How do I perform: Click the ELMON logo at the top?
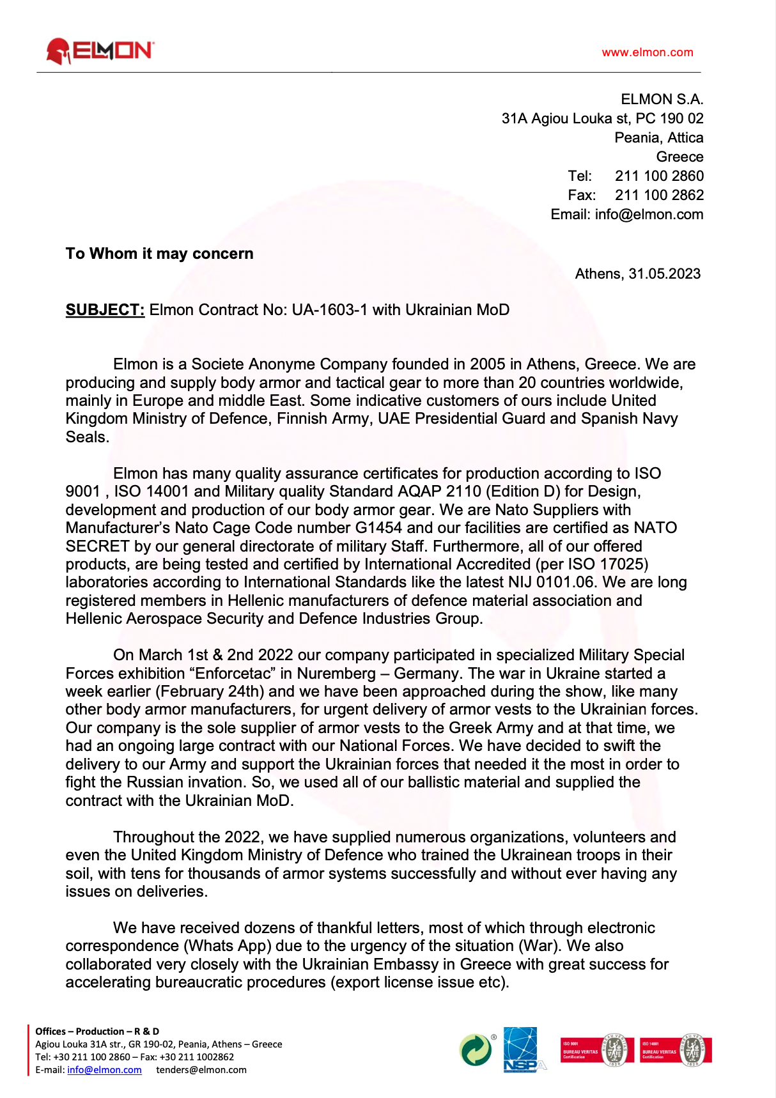point(100,51)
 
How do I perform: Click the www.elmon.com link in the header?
point(647,52)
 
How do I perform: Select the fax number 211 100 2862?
point(659,195)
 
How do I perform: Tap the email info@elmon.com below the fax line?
point(648,214)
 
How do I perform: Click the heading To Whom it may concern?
point(159,254)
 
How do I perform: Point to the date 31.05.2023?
point(664,274)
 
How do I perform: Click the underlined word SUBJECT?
point(105,310)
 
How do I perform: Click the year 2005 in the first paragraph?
point(487,364)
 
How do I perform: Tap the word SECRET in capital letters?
point(97,546)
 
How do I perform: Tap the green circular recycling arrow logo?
point(476,1050)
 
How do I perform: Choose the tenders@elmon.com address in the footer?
point(201,1070)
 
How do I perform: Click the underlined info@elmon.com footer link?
point(104,1070)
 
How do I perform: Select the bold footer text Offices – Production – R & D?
point(97,1031)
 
